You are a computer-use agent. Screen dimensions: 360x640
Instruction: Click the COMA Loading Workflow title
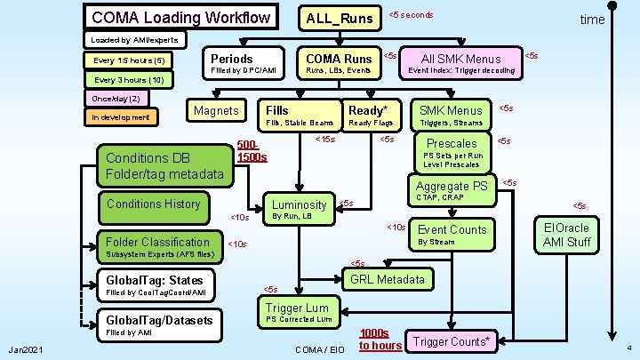(x=180, y=17)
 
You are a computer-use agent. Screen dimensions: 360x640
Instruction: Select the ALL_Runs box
(x=339, y=18)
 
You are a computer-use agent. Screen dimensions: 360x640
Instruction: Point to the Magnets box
(x=216, y=111)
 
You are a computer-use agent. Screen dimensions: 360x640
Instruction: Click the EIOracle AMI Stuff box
(x=566, y=235)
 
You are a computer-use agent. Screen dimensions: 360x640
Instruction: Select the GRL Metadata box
(x=387, y=279)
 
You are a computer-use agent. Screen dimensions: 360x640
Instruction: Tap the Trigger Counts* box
(x=452, y=341)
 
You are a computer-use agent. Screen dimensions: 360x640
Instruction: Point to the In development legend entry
(x=120, y=116)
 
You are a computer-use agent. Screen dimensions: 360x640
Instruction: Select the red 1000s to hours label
(x=380, y=339)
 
